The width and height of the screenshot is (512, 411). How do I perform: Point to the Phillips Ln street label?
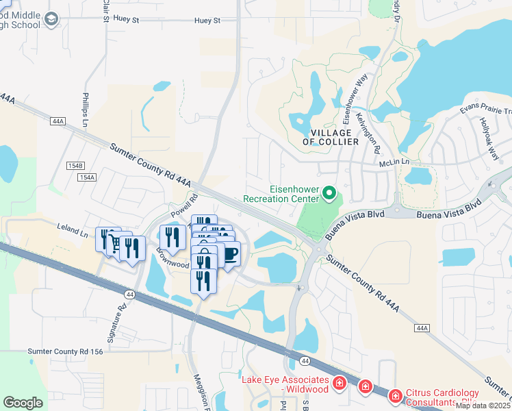(x=86, y=110)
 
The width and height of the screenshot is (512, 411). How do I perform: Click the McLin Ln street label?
(x=394, y=164)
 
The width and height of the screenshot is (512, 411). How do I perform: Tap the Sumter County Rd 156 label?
(x=65, y=351)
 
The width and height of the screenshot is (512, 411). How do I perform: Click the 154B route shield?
(x=75, y=166)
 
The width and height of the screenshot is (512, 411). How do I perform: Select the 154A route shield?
(x=87, y=177)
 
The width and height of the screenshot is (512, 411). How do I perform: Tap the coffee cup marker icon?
(x=229, y=254)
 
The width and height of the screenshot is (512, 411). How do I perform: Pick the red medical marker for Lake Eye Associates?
(x=339, y=383)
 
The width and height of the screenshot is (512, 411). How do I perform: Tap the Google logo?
(x=23, y=403)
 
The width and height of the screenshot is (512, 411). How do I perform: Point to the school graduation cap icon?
(x=51, y=21)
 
